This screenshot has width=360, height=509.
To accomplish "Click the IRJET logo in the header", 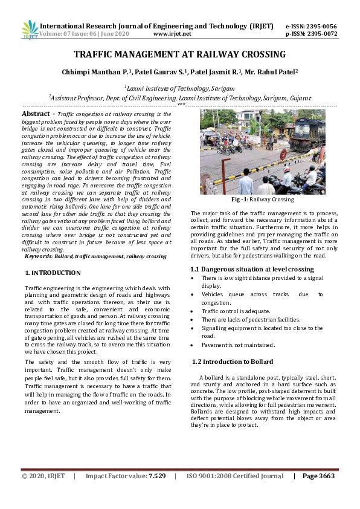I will [x=30, y=30].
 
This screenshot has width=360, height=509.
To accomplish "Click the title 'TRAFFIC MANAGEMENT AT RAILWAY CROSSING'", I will [x=179, y=54].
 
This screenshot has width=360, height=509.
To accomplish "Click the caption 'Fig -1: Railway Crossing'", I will [x=262, y=199].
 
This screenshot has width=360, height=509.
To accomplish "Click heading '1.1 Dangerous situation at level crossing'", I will [x=252, y=269].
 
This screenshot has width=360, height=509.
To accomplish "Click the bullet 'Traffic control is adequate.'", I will [x=236, y=311].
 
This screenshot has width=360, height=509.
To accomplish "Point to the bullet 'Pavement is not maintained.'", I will [x=238, y=345].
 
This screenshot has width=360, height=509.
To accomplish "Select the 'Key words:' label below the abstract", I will [x=38, y=256].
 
